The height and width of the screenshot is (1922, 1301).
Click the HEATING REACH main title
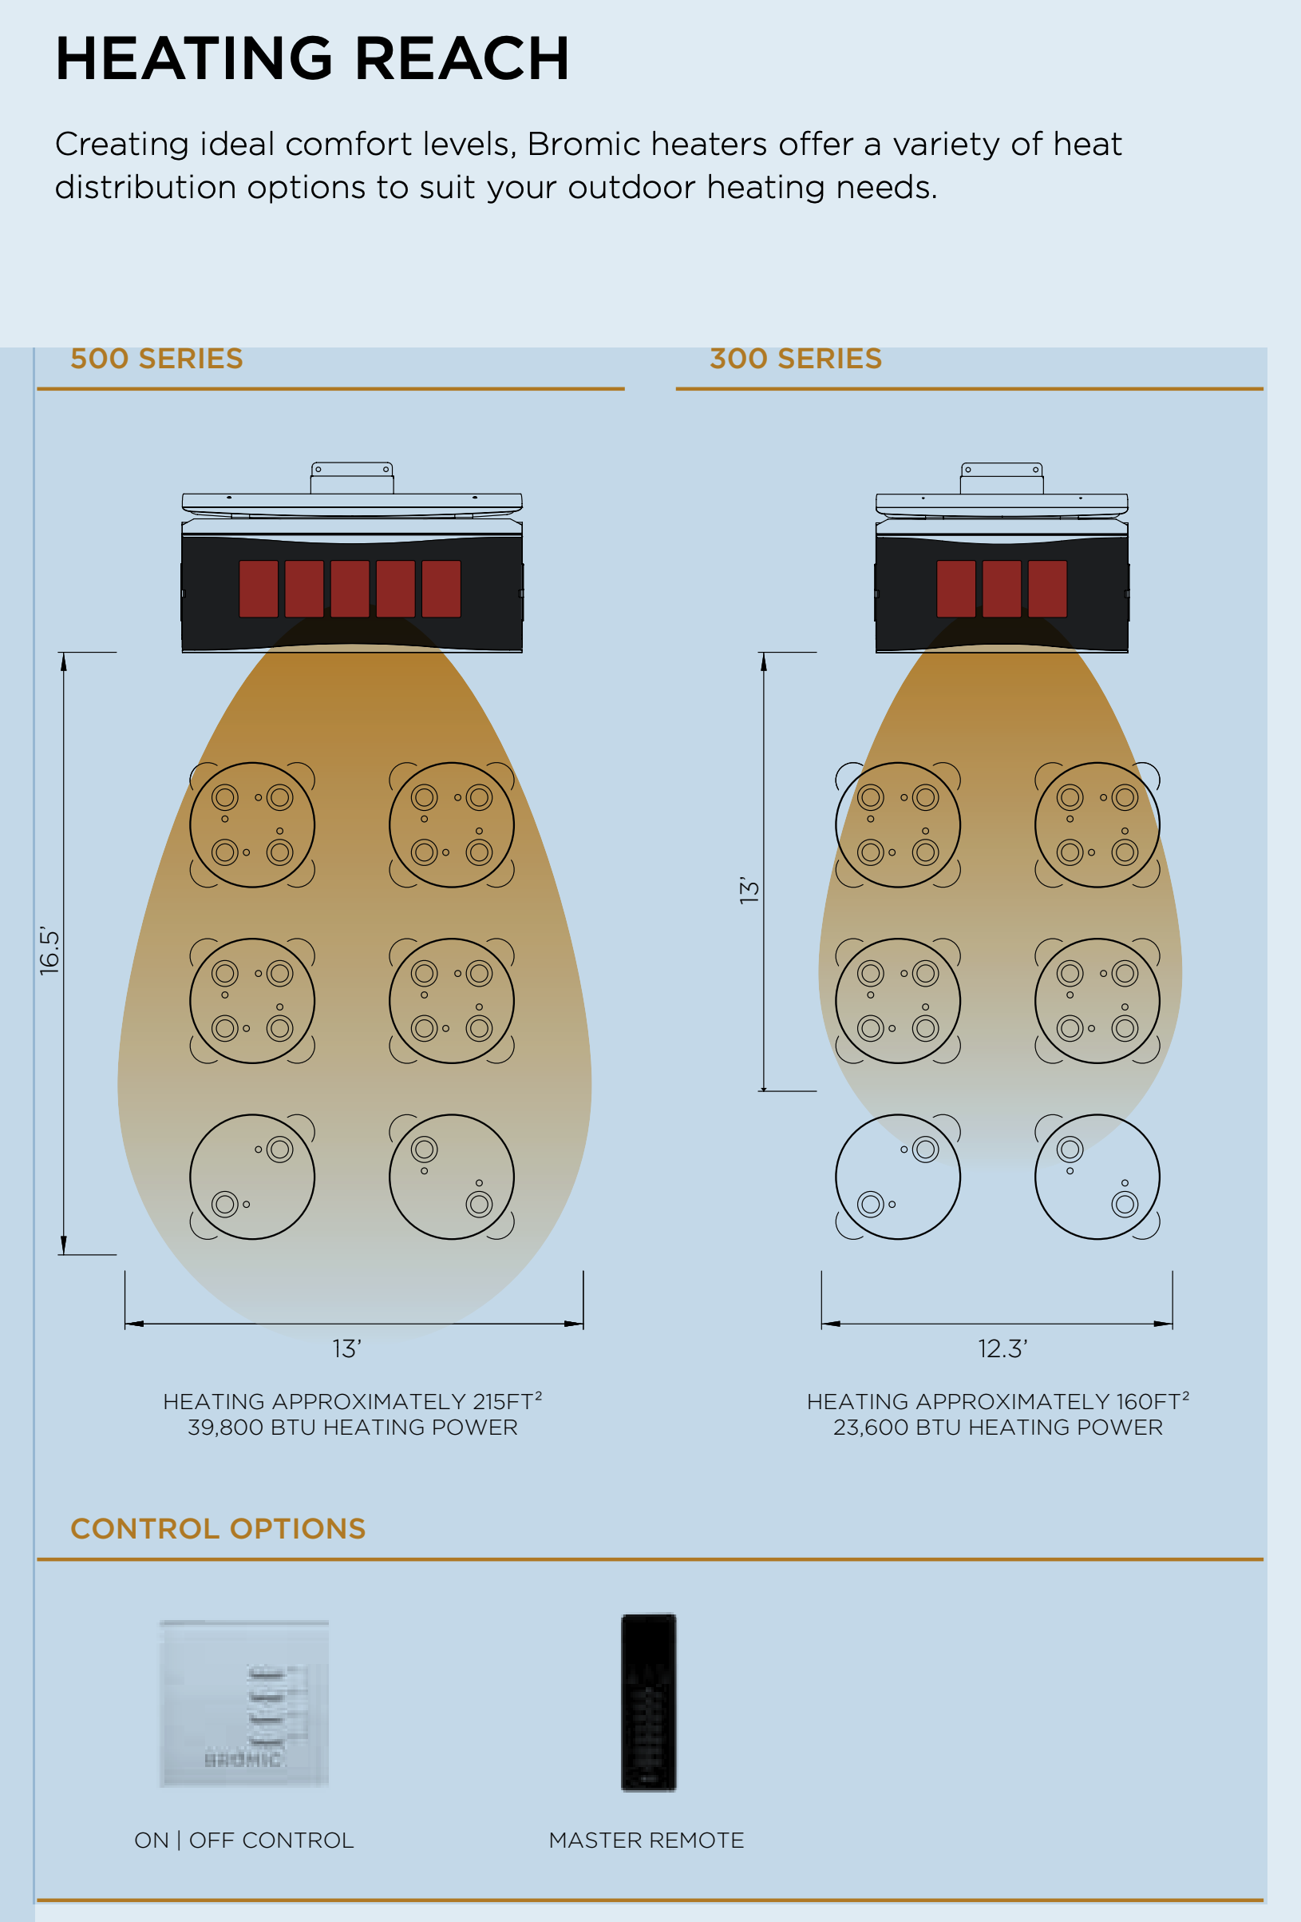coord(311,60)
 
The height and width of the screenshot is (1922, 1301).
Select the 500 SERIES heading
coord(156,359)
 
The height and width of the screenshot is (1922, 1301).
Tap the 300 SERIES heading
coord(795,359)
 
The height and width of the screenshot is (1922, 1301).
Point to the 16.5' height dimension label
coord(49,951)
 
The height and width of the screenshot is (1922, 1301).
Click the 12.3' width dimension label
coord(1002,1349)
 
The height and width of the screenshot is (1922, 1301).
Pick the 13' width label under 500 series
coord(347,1349)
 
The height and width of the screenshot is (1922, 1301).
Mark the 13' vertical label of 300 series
coord(749,890)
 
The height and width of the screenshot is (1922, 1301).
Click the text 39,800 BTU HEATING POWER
coord(352,1428)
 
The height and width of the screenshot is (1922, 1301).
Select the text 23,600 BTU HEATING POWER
coord(998,1428)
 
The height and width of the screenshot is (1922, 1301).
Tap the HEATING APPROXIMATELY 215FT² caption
coord(352,1402)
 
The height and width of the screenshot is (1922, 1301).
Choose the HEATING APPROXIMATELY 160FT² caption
coord(998,1402)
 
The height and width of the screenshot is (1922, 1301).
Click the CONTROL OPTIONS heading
coord(218,1528)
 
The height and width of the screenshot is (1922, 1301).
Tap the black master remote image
coord(649,1702)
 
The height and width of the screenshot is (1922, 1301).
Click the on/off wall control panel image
coord(243,1704)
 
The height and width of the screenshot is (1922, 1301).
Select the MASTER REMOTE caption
coord(647,1841)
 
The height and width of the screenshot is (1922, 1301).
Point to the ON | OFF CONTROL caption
coord(243,1841)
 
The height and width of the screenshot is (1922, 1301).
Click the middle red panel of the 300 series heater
coord(1002,589)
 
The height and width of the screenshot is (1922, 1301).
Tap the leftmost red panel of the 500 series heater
coord(259,589)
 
